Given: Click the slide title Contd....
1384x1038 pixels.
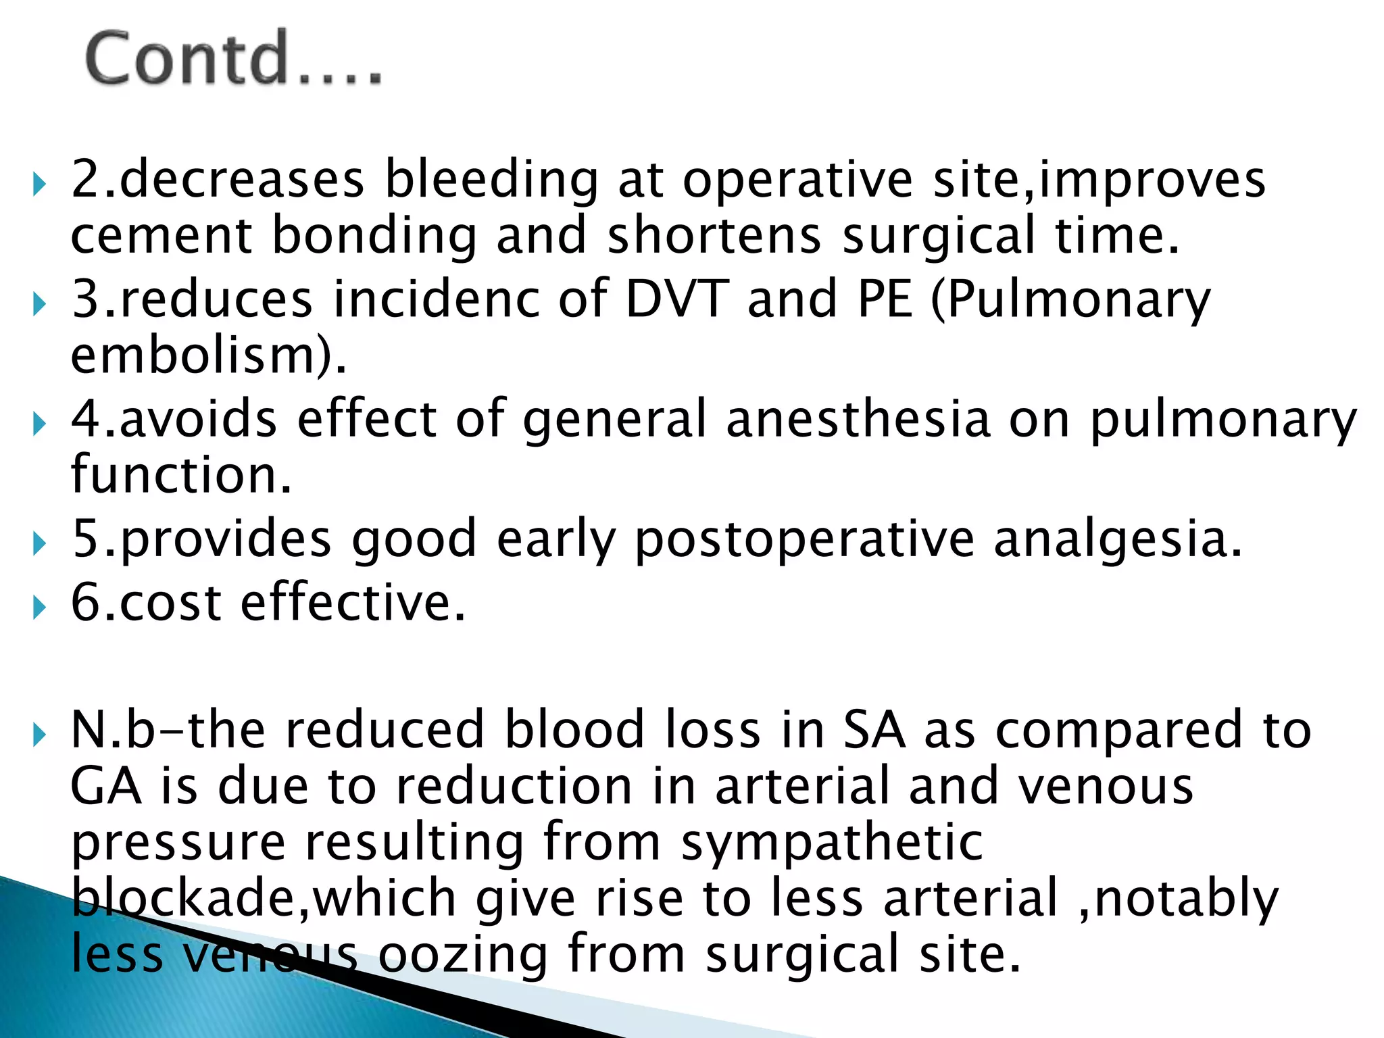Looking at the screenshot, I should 233,59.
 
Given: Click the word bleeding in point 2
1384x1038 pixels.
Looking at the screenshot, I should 491,180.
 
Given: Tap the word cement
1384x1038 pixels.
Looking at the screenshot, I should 161,236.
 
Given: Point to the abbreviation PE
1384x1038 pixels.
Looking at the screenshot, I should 885,299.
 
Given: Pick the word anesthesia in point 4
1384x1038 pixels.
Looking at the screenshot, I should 858,419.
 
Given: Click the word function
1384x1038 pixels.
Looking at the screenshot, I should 181,474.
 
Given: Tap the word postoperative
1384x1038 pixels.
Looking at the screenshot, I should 804,539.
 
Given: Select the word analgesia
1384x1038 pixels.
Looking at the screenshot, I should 1118,539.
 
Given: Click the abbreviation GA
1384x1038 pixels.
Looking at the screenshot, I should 105,787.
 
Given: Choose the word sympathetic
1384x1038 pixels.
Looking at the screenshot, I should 831,843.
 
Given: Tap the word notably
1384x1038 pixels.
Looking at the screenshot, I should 1185,899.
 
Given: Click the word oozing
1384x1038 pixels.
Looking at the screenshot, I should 462,954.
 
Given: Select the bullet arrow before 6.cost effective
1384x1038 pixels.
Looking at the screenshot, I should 40,607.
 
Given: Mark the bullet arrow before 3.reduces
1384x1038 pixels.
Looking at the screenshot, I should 40,304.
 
